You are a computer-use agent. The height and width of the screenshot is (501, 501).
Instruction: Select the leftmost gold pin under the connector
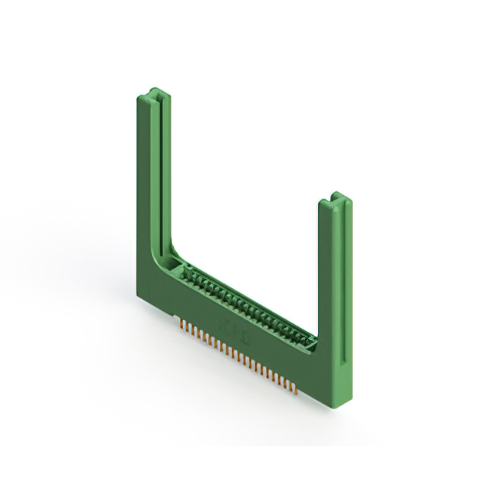(x=182, y=323)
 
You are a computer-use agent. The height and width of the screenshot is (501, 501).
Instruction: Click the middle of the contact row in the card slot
(x=247, y=306)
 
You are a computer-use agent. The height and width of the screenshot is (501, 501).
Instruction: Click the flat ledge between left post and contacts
(x=175, y=266)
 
